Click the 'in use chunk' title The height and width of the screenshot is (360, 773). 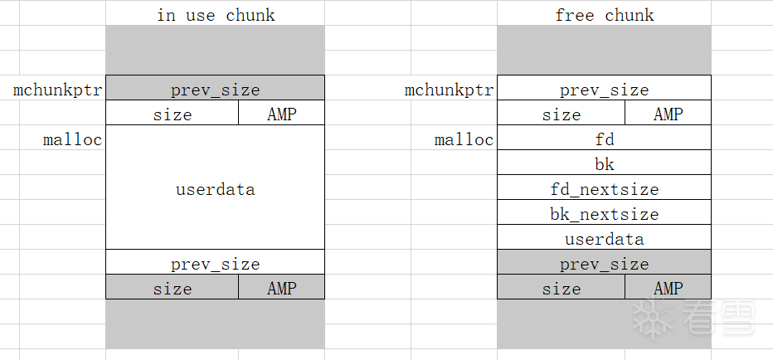pos(216,15)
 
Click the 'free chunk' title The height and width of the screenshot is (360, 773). pos(605,15)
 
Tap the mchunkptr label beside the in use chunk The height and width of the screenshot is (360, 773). pos(58,90)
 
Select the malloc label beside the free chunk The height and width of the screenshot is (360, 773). pos(464,140)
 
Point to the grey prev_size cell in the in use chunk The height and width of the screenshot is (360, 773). pos(216,88)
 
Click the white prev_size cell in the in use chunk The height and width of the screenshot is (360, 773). pos(216,262)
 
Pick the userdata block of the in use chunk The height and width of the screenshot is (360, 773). pos(216,187)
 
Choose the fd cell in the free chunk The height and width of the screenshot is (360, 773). pos(605,138)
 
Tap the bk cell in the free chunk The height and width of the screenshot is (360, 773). pos(605,163)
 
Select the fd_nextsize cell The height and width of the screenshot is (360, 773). pos(605,187)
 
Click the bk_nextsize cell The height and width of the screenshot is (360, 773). pos(605,212)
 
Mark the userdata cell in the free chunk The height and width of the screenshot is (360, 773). pos(605,237)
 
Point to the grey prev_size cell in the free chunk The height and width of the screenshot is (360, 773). pos(605,262)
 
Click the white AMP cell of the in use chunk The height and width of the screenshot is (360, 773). pos(281,113)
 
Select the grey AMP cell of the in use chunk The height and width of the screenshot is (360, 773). pos(281,286)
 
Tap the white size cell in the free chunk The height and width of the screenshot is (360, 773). pos(561,113)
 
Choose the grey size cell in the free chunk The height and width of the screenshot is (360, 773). pos(561,286)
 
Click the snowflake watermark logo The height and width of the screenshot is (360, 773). pos(653,317)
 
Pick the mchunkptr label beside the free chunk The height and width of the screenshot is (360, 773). pos(449,90)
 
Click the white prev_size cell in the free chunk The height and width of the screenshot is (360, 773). pos(605,88)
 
